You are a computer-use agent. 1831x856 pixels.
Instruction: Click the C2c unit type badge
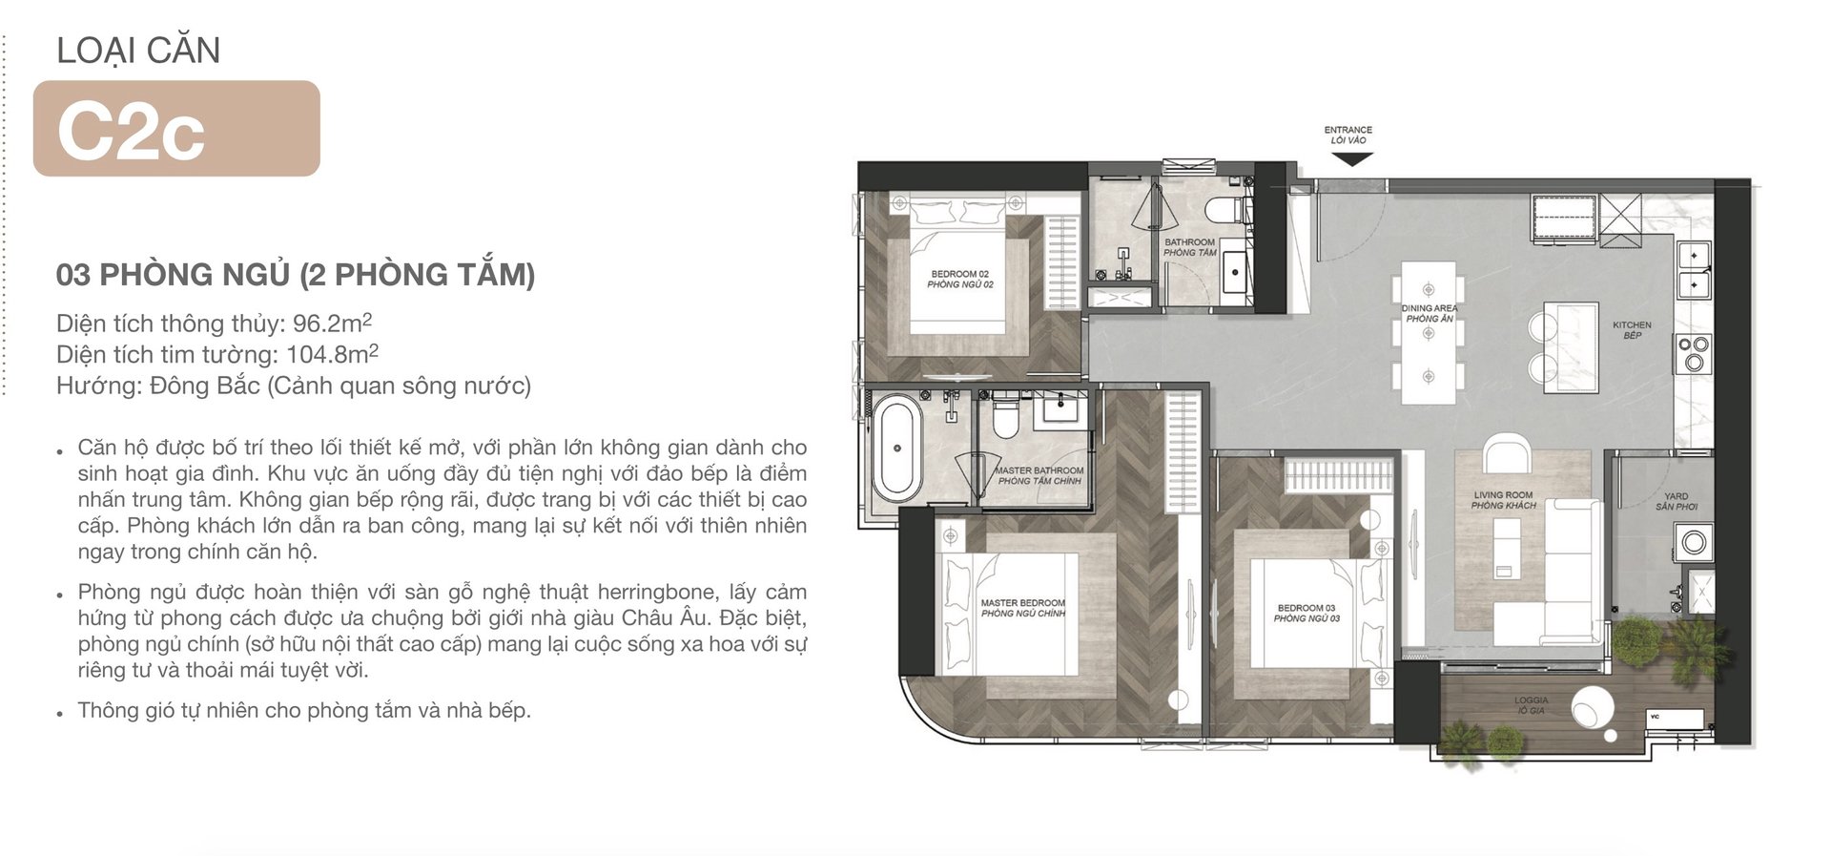click(176, 129)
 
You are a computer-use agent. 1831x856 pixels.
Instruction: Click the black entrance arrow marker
click(1351, 159)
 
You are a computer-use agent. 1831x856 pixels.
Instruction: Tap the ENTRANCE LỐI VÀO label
click(1348, 135)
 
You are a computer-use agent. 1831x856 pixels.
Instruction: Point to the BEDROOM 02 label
click(960, 280)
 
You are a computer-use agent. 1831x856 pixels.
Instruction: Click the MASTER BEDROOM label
click(1023, 608)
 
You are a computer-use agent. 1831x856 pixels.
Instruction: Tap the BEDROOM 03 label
click(1306, 613)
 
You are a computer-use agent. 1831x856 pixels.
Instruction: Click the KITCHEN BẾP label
click(1632, 330)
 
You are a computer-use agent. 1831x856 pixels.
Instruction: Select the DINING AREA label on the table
click(1429, 313)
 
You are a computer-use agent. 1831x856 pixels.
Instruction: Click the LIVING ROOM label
click(1504, 500)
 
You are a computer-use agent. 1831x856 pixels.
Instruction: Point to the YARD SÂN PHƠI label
click(1677, 501)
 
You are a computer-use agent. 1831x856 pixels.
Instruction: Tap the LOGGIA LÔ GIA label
click(1531, 705)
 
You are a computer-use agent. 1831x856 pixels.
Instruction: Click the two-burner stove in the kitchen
click(1694, 353)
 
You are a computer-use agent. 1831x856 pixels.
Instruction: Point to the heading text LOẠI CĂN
click(138, 51)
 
